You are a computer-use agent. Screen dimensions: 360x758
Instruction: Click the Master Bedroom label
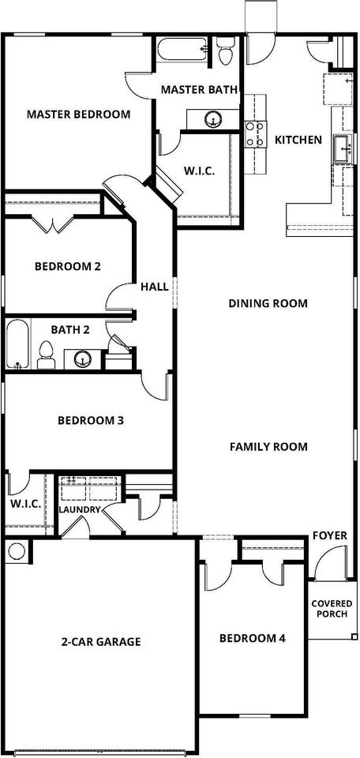click(x=78, y=114)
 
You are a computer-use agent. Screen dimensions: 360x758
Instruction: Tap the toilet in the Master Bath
click(x=225, y=52)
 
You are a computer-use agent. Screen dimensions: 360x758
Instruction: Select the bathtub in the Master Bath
click(x=182, y=49)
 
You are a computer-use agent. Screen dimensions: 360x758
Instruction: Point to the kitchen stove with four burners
click(x=255, y=134)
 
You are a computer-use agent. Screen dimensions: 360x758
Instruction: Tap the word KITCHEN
click(x=298, y=141)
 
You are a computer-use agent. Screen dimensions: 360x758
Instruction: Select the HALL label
click(x=155, y=287)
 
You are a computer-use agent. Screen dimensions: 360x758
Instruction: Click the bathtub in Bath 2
click(x=18, y=344)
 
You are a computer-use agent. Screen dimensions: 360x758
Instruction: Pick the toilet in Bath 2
click(x=47, y=355)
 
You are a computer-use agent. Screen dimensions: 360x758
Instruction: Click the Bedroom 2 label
click(x=68, y=266)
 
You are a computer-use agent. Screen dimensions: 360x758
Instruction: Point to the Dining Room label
click(x=268, y=303)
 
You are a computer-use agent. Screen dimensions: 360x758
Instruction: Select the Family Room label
click(x=268, y=446)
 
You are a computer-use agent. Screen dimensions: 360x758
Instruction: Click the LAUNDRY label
click(x=80, y=509)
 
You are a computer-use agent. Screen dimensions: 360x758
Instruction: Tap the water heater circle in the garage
click(x=17, y=550)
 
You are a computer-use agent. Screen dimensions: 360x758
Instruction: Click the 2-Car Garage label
click(x=101, y=642)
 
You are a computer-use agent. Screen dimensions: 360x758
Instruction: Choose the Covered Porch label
click(x=329, y=609)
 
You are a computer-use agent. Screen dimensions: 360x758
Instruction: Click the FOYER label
click(x=330, y=535)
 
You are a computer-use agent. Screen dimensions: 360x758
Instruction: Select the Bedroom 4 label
click(x=253, y=638)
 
